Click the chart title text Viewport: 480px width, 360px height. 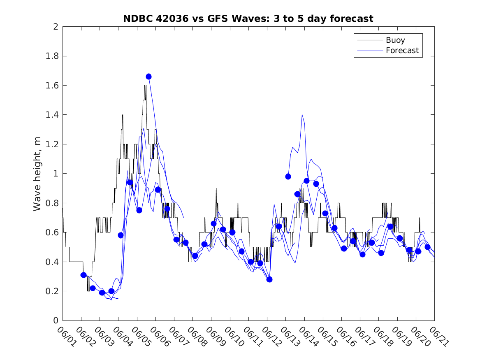click(x=248, y=19)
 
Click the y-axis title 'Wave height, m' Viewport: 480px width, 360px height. click(x=37, y=174)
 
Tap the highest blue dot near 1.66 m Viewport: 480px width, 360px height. click(x=148, y=77)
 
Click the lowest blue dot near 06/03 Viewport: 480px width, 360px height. click(x=102, y=293)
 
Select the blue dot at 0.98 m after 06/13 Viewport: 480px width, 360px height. click(x=288, y=177)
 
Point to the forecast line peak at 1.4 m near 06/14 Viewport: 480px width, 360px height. click(x=302, y=115)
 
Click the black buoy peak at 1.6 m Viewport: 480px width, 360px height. click(x=145, y=86)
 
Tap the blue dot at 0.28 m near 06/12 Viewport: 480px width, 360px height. click(x=269, y=279)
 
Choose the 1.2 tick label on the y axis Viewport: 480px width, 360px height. click(x=52, y=144)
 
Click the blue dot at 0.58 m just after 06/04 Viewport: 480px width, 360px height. click(x=121, y=235)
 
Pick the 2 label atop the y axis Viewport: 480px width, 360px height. click(x=55, y=27)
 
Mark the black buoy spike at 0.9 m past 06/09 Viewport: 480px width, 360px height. click(x=216, y=188)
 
